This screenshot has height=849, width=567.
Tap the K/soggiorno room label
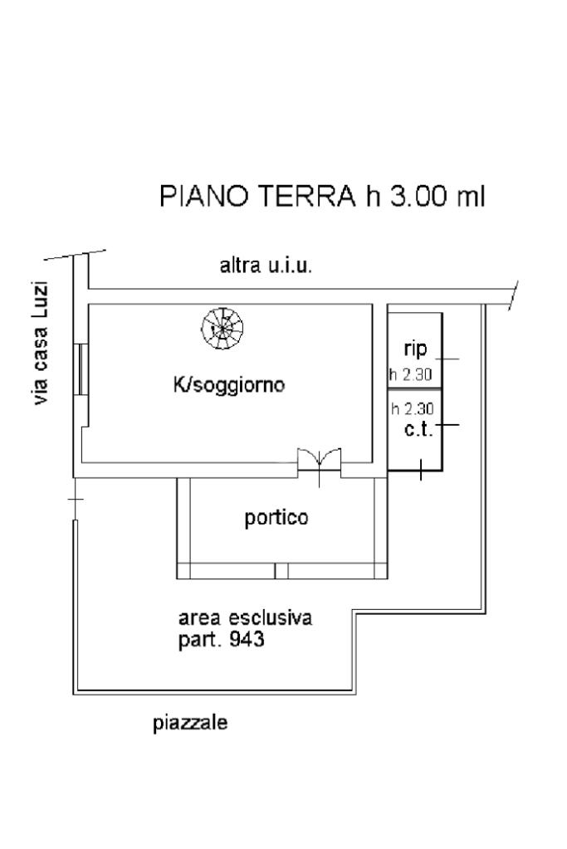230,385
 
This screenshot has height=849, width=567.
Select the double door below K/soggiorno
320,461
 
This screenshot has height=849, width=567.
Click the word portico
276,518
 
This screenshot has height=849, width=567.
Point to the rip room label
415,349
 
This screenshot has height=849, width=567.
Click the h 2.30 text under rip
410,375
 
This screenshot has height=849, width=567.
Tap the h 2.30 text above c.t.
413,408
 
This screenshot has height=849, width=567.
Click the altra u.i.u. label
266,266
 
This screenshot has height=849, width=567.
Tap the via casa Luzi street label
40,344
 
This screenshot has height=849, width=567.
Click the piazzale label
191,723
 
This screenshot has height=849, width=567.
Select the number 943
247,640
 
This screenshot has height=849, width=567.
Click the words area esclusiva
245,618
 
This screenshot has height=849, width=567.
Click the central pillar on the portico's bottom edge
281,571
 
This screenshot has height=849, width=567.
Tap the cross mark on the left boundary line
75,500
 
